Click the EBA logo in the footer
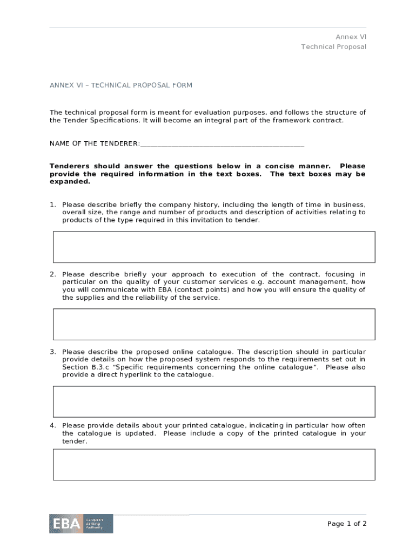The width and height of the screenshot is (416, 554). (x=81, y=523)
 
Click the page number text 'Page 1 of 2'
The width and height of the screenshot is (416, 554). (x=347, y=523)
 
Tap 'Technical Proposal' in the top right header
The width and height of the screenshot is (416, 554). (x=333, y=47)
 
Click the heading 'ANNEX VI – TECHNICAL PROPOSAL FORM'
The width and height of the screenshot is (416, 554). (x=121, y=85)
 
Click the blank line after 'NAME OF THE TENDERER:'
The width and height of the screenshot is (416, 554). (x=222, y=144)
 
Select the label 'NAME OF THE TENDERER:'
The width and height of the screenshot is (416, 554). (x=95, y=143)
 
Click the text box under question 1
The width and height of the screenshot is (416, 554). (x=214, y=247)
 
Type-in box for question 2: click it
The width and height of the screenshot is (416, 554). (x=214, y=324)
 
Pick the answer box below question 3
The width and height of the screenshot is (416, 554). (x=214, y=401)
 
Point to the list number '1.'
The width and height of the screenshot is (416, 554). (x=53, y=205)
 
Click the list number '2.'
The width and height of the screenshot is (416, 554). (x=53, y=274)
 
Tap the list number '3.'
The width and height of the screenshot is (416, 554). (x=53, y=352)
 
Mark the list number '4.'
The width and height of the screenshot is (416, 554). (x=53, y=426)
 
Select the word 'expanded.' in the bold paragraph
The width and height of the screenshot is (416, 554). (x=70, y=182)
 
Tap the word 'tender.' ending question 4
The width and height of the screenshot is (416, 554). (x=75, y=441)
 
